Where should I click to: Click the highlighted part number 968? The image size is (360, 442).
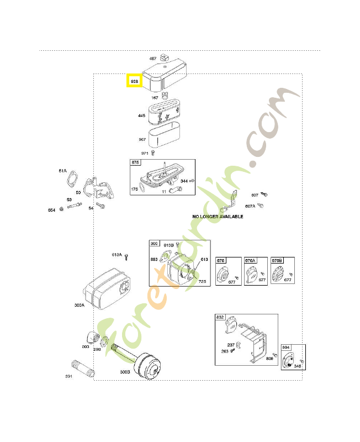point(134,82)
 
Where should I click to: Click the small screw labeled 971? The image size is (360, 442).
point(154,152)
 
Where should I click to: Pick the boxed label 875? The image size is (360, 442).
point(135,162)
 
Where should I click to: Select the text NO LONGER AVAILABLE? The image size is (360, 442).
point(218,217)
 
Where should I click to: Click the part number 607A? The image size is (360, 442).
point(250,206)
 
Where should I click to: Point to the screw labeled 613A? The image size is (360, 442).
point(126,256)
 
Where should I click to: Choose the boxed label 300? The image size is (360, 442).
point(153,243)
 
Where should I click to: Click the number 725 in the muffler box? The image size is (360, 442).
point(203,282)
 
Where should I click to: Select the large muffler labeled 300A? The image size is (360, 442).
point(107,286)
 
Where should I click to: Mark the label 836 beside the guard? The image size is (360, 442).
point(269,359)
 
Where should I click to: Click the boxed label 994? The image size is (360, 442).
point(286,347)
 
